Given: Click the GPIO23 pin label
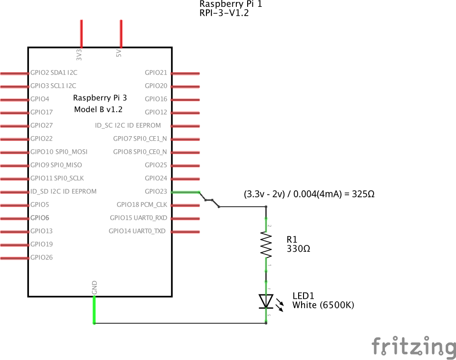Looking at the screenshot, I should (156, 192).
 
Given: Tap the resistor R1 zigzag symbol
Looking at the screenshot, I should (266, 243).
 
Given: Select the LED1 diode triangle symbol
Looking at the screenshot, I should (266, 301).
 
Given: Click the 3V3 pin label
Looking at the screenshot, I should (79, 54).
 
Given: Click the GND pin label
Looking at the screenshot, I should (94, 288).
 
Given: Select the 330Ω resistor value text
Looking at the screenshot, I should (298, 249).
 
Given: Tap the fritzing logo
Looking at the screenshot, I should (413, 346).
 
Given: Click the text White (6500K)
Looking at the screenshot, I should (323, 305).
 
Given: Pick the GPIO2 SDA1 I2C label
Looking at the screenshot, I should (53, 72).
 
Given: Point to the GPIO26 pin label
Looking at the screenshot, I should (42, 257).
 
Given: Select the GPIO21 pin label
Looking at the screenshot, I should (156, 72).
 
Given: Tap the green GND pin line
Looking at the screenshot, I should (94, 310).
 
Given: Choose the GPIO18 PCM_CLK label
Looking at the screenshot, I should (142, 204).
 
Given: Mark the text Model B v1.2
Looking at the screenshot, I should (98, 110).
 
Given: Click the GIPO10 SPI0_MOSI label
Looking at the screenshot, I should (59, 152).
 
